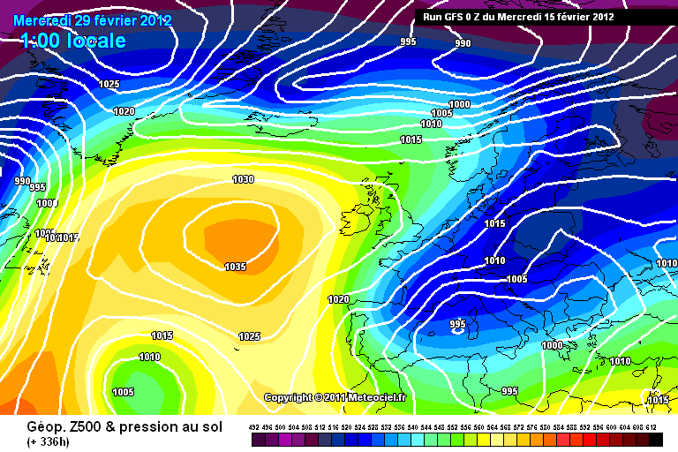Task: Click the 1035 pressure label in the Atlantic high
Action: (x=235, y=267)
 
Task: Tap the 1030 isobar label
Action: (x=243, y=179)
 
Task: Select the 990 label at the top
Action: (x=463, y=43)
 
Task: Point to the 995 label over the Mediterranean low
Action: (x=457, y=325)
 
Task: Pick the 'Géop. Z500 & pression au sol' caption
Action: (x=124, y=426)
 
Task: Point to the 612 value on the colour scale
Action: (x=652, y=426)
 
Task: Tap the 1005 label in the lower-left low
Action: (x=123, y=392)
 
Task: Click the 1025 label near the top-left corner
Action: (x=109, y=84)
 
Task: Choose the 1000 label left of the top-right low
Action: (x=459, y=104)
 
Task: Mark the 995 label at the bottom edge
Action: (x=509, y=390)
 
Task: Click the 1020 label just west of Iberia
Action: (x=338, y=299)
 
